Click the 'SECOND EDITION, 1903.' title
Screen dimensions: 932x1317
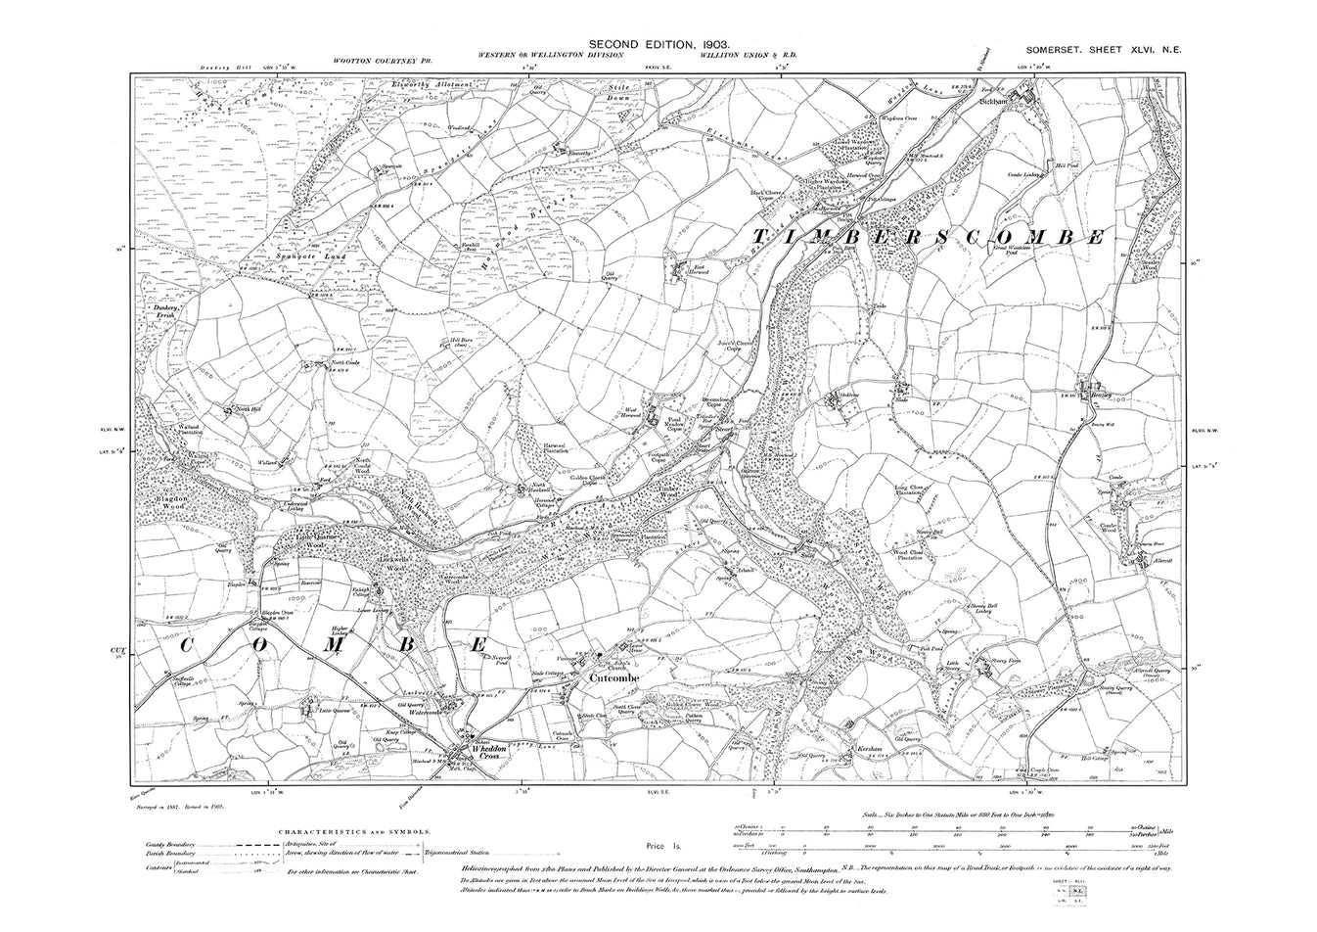[658, 45]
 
